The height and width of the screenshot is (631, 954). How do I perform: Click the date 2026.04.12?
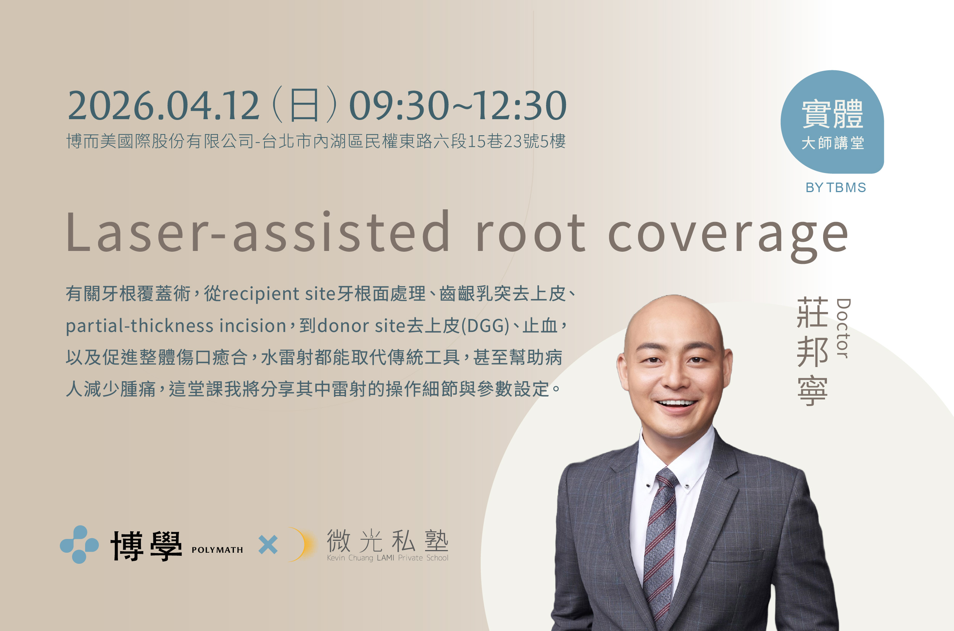pos(163,105)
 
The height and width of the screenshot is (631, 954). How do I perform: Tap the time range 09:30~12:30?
pos(458,105)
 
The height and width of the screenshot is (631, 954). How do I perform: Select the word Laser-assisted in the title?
pos(257,233)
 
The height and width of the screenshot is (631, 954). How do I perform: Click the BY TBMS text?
pos(835,188)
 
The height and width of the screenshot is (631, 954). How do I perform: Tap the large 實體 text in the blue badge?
pos(832,114)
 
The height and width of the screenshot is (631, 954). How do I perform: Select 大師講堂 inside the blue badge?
pos(832,143)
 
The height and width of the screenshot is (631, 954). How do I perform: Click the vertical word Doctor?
pos(843,328)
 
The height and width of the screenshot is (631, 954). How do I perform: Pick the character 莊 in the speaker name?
pos(812,313)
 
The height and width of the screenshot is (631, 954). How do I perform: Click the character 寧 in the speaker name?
pos(812,391)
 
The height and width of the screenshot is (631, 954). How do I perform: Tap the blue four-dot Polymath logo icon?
pos(79,544)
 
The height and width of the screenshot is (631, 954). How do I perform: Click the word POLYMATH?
pos(217,550)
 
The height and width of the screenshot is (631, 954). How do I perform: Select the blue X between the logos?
pos(268,545)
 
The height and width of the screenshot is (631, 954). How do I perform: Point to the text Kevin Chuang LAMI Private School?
pos(388,558)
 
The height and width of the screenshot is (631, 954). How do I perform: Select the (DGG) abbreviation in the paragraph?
pos(485,325)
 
